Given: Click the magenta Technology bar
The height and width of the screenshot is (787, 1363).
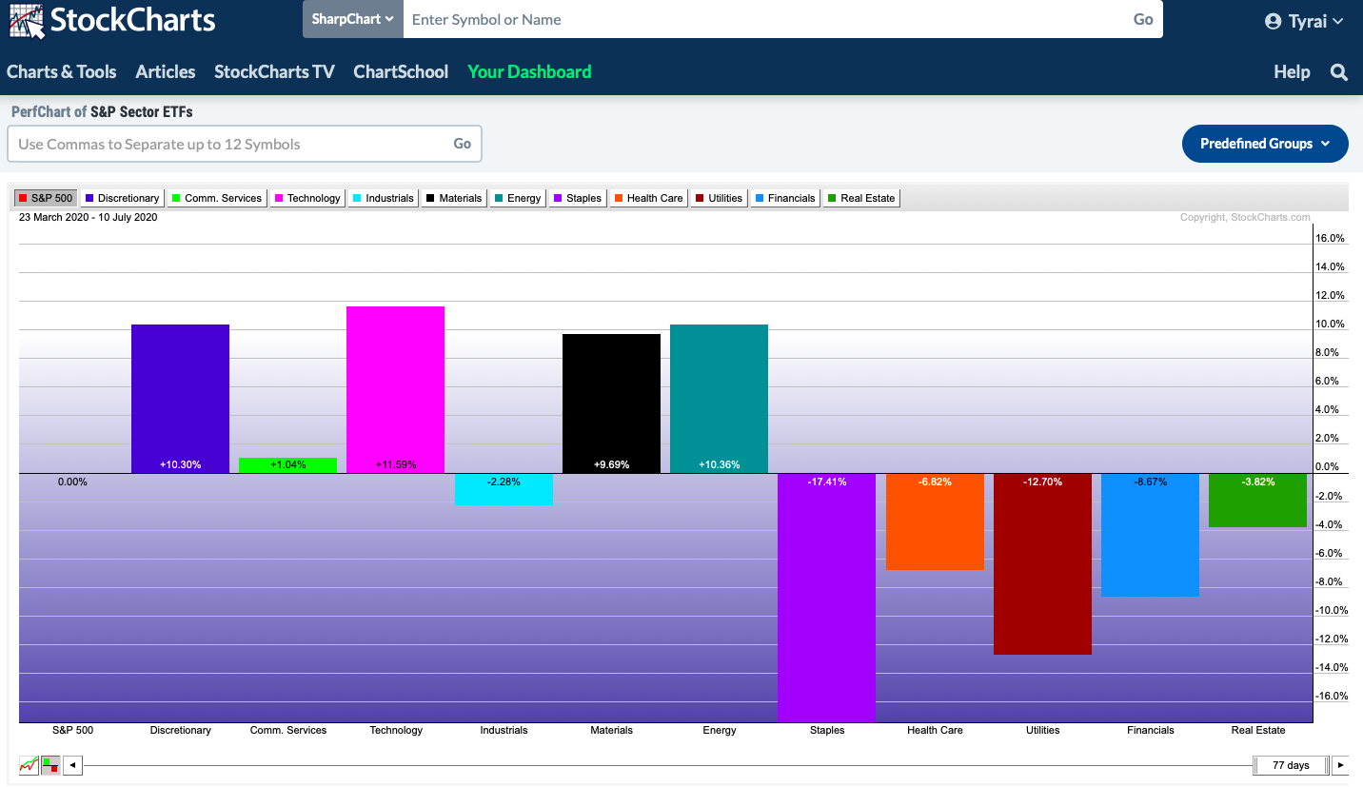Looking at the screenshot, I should coord(395,389).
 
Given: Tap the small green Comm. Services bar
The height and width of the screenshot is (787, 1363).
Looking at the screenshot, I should coord(287,465).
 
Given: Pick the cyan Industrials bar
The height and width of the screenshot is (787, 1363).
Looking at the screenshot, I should coord(504,489).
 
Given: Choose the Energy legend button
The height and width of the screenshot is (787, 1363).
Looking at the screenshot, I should coord(518,198).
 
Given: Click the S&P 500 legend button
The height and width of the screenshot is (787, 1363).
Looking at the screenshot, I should coord(45,198).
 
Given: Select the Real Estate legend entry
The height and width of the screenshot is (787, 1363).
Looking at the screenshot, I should coord(860,198).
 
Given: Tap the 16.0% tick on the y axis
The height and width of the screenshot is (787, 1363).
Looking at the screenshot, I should coord(1330,239).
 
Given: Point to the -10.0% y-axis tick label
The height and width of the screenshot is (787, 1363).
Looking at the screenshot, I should coord(1330,611).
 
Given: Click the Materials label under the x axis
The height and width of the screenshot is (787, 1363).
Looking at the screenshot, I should coord(611,731).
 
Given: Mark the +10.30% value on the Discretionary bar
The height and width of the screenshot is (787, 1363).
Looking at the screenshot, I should coord(180,465).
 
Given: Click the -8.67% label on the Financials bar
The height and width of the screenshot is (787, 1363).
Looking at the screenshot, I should coord(1150,482).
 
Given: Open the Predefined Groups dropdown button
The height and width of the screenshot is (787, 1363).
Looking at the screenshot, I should coord(1265,144).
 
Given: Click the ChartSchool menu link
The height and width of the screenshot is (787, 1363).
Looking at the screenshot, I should coord(401,72).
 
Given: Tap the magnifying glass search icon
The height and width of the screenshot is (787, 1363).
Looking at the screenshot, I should coord(1339,72).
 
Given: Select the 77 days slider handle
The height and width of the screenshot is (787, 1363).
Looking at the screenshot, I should coord(1291,765).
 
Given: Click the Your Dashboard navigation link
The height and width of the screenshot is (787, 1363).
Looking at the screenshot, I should coord(529,72).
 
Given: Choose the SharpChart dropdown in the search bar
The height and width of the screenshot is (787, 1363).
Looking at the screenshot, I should coord(352,19).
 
